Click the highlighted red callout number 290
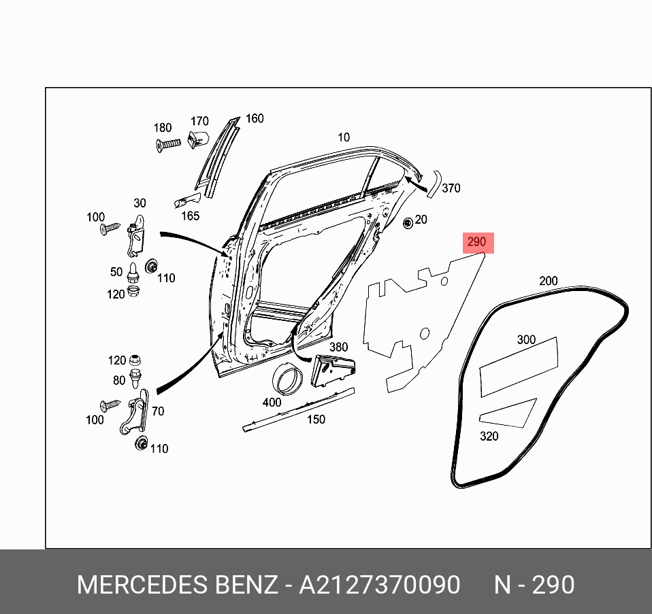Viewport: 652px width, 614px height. click(476, 242)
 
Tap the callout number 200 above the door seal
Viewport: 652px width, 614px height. click(548, 281)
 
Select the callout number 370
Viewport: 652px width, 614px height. click(451, 188)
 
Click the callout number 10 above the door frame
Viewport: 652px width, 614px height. click(344, 137)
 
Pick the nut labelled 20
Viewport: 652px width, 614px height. click(408, 222)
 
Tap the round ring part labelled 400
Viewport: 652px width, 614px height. click(287, 379)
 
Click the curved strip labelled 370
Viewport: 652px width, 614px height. click(434, 184)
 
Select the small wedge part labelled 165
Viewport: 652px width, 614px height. click(187, 200)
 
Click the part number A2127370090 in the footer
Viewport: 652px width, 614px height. click(380, 585)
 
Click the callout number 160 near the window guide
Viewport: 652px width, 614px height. click(254, 119)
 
